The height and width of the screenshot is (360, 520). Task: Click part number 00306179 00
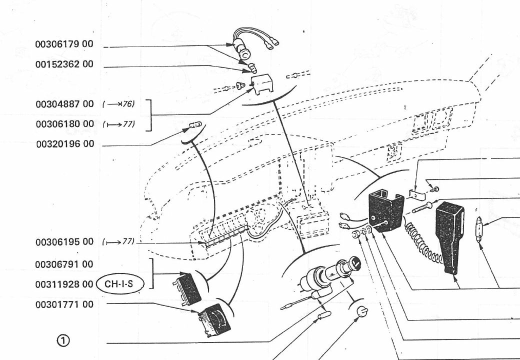64,44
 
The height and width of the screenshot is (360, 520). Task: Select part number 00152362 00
64,64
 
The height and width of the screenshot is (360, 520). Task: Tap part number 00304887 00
64,104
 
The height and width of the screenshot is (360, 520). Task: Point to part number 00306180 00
65,124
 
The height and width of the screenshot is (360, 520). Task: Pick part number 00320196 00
65,144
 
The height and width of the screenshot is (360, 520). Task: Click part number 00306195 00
64,242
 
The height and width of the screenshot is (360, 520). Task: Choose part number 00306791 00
64,264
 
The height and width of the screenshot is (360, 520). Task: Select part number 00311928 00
64,284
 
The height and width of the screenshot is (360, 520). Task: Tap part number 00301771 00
64,304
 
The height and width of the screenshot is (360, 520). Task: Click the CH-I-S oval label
120,284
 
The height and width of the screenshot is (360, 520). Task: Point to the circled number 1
63,340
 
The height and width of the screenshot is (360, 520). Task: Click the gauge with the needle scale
214,319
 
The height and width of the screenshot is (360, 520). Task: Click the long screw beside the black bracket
422,207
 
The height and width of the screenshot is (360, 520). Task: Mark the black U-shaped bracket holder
386,207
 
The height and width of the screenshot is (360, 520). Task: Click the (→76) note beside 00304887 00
118,104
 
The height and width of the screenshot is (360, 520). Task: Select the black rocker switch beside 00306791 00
188,289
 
